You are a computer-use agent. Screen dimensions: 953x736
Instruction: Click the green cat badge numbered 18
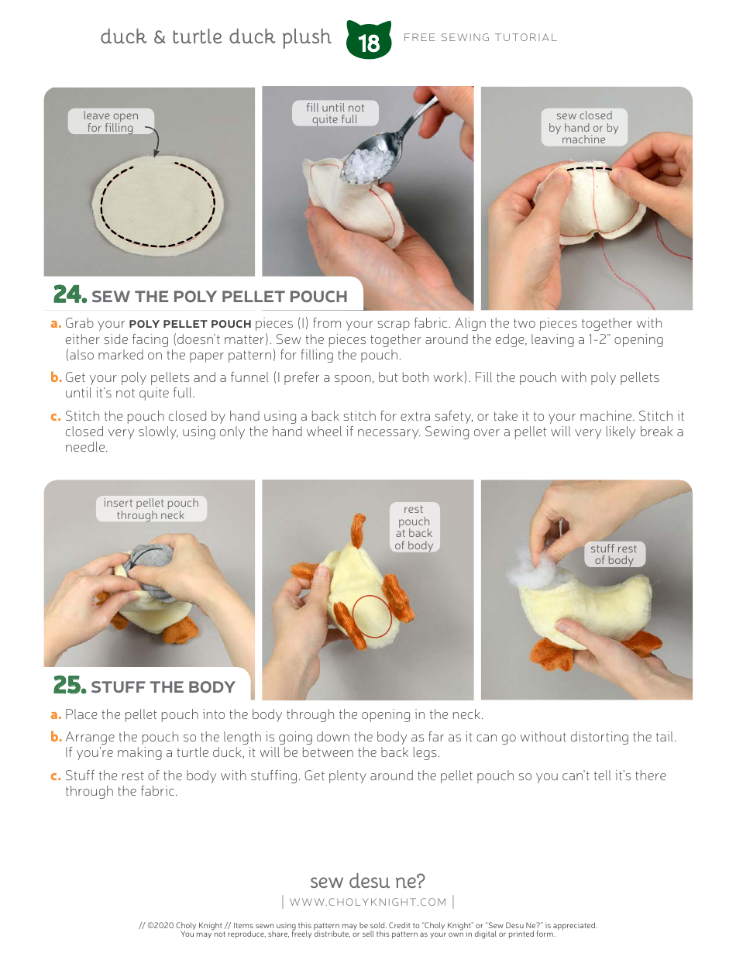coord(370,41)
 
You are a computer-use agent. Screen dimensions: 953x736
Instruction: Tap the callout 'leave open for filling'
coord(110,122)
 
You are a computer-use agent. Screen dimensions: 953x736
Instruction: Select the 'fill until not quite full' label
coord(335,113)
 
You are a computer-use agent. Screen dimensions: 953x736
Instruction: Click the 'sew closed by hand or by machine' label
coord(583,127)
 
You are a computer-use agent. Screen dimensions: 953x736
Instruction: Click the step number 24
coord(70,295)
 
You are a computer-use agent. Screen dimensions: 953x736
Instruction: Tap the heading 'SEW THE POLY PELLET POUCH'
coord(219,297)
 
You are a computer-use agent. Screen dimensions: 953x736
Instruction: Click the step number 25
coord(70,686)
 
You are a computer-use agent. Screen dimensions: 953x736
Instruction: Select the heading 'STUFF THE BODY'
coord(163,687)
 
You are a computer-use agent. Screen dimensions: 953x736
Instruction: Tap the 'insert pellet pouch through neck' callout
coord(151,509)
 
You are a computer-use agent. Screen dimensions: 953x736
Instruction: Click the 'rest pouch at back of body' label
coord(414,527)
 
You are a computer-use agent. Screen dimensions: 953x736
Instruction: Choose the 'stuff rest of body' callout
coord(614,554)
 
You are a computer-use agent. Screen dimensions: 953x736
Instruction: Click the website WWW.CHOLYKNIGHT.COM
coord(368,902)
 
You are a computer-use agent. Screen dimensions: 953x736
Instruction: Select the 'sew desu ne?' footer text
coord(367,881)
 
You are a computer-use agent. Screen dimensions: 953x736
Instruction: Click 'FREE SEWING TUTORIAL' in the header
coord(480,37)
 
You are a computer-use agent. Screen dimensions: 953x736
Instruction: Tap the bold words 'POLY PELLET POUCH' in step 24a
coord(190,324)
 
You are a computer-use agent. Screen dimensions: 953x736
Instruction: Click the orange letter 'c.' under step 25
coord(56,776)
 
